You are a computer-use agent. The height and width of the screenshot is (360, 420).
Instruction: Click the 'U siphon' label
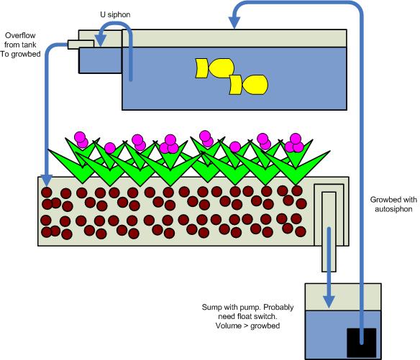coord(114,14)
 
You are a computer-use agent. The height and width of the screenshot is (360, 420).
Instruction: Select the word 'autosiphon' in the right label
coord(389,209)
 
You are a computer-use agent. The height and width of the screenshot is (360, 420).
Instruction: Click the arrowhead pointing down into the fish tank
coord(236,26)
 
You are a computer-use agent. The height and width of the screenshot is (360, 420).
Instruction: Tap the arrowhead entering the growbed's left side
coord(46,179)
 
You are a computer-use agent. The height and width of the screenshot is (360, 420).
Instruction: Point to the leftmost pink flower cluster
coord(81,140)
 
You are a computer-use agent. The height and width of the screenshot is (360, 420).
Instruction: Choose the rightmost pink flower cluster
coord(294,143)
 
